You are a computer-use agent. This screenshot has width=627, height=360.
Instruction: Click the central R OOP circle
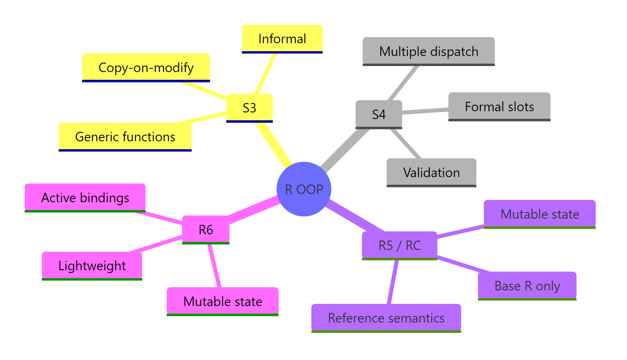pos(304,189)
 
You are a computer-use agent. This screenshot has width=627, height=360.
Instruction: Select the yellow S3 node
pos(249,108)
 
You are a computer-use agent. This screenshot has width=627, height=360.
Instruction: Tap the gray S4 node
pos(379,114)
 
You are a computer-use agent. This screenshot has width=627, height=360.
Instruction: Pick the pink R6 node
pos(206,229)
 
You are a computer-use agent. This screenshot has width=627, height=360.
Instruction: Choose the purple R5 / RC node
pos(399,245)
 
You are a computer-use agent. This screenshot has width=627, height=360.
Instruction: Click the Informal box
pos(282,39)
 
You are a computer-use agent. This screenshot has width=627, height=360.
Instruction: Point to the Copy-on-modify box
pos(146,68)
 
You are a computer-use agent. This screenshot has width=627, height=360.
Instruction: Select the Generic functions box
pos(125,137)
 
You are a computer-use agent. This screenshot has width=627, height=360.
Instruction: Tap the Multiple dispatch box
pos(428,51)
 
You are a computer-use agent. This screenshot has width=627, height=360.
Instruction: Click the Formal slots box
pos(499,107)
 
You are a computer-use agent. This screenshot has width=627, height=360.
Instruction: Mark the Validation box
pos(431,172)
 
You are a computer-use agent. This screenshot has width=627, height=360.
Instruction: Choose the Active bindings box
pos(85,198)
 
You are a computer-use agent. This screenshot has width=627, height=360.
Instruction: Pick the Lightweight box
pos(92,266)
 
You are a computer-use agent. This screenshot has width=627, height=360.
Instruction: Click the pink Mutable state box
pos(222,302)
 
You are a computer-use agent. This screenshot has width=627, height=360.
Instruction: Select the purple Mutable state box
pos(540,214)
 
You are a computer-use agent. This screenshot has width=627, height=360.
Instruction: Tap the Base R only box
pos(527,286)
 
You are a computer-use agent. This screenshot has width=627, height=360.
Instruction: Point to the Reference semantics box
pos(386,318)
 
